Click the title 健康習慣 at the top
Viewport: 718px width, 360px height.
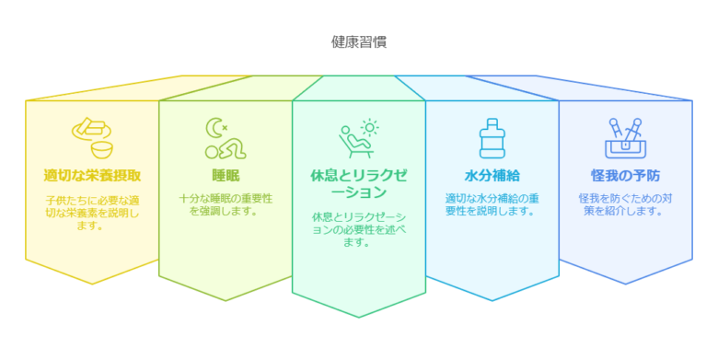pos(359,41)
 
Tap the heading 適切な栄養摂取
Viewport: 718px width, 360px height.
pos(92,175)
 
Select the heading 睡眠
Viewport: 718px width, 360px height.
pos(226,175)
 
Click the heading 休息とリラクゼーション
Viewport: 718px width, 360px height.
pos(359,183)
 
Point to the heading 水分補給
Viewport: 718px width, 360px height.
pos(492,175)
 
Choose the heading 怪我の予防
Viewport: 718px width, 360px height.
pos(625,175)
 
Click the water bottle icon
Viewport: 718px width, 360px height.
pos(492,138)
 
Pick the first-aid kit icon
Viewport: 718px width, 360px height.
pos(625,139)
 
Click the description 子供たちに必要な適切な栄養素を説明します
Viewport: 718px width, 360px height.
pos(92,213)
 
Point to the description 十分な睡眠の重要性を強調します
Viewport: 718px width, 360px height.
pos(226,204)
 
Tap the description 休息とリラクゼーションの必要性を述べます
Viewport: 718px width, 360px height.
pos(359,229)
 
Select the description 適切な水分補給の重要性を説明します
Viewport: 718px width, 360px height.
pos(492,204)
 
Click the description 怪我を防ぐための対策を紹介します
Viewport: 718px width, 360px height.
pos(625,204)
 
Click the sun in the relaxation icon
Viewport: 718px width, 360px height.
pos(370,128)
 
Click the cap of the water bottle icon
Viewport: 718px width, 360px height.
pos(492,122)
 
